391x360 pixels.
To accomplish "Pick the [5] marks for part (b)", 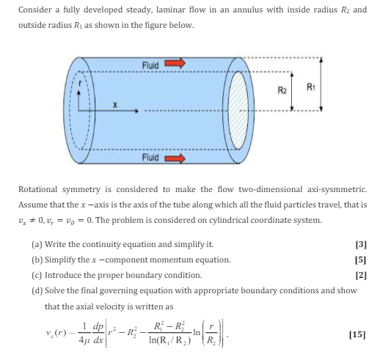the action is click(360, 260).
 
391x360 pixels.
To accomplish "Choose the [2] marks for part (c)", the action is click(360, 275).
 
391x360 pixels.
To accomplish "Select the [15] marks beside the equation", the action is click(358, 335).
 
